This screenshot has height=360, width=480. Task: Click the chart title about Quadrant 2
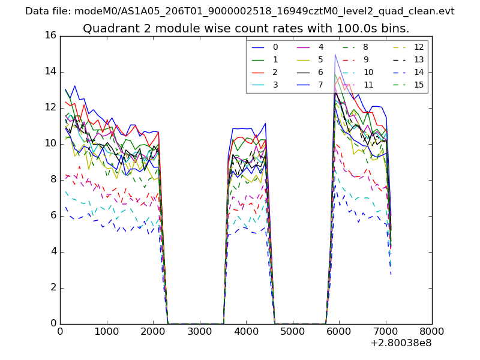[246, 28]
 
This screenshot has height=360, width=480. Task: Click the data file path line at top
[240, 11]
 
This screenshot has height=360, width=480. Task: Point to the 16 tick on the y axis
[50, 35]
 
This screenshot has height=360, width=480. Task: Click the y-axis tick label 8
[53, 179]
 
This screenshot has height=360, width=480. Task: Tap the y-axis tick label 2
[53, 287]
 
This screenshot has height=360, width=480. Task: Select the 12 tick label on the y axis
[50, 107]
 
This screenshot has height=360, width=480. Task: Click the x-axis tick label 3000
[199, 330]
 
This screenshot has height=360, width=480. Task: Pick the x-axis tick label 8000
[432, 330]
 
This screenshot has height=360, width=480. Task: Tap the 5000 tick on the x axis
[292, 330]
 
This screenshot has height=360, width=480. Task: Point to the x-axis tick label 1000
[106, 330]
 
